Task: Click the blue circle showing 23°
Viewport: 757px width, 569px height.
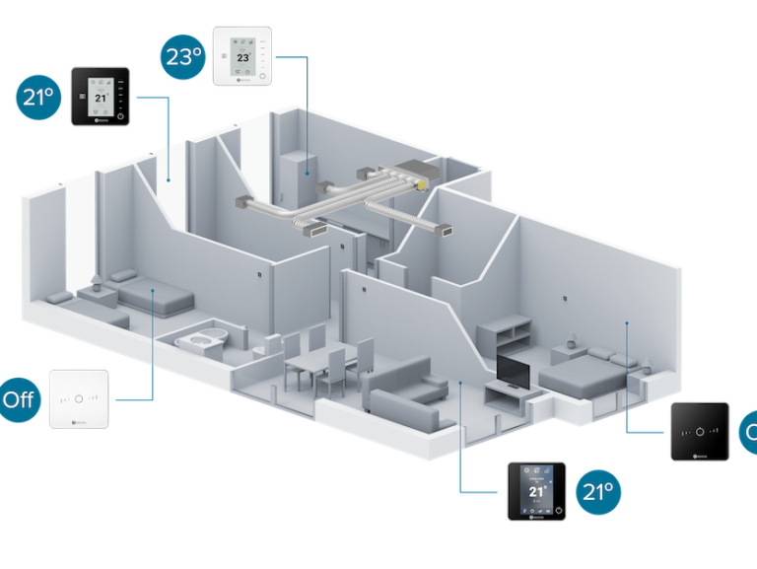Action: (x=183, y=56)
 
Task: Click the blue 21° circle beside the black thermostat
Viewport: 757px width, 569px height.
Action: (x=35, y=97)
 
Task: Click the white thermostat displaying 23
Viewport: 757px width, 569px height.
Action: (x=241, y=57)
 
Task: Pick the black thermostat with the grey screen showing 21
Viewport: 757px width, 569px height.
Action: (x=101, y=96)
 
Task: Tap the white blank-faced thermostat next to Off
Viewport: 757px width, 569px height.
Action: (x=79, y=397)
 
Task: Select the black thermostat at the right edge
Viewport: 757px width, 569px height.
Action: (x=699, y=431)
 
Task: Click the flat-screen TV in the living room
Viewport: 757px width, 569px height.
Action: (x=513, y=370)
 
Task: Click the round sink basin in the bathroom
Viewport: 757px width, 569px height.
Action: (x=203, y=340)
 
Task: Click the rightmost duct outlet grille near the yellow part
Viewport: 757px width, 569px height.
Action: (x=447, y=231)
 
